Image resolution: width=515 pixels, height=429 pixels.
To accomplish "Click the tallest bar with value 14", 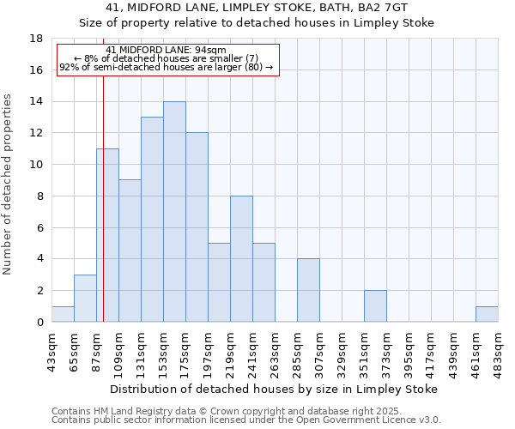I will point(174,212).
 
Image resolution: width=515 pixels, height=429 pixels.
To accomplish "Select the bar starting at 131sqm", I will point(152,220).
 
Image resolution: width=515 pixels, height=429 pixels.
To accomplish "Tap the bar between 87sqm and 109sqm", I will point(107,235).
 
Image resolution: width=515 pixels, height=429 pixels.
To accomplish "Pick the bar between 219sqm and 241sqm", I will point(241,259).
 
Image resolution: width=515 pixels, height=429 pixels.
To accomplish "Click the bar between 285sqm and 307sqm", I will point(308,290).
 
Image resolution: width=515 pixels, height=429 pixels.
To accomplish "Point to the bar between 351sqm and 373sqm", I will point(375,306).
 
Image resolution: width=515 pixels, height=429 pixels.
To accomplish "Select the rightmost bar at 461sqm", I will point(487,314).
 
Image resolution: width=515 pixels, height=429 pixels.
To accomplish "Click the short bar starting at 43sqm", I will point(63,314).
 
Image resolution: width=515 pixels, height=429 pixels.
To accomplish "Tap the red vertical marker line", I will point(103,214).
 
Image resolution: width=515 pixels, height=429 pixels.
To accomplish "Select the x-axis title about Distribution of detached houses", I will point(275,389).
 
